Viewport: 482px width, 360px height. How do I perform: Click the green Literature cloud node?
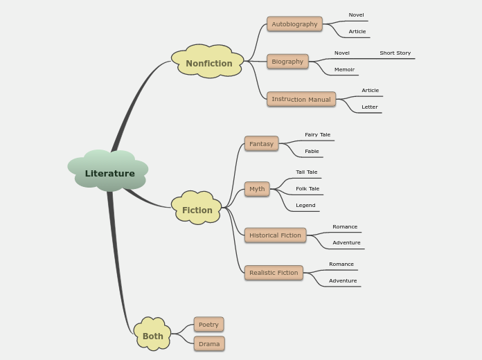(x=109, y=172)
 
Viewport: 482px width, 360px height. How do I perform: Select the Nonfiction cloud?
(x=208, y=63)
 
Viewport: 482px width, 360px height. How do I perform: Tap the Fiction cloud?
(x=197, y=210)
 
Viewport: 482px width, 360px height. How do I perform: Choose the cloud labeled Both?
(x=152, y=336)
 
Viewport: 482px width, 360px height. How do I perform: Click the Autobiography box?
(x=294, y=24)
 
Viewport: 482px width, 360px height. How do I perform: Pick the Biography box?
(x=287, y=62)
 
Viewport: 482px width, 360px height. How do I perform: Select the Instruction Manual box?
(x=301, y=99)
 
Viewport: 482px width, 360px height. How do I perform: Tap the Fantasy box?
(x=261, y=143)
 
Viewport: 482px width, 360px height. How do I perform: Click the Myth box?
(x=257, y=189)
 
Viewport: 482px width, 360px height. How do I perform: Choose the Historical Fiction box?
(x=275, y=235)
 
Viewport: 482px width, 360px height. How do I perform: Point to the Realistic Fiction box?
(x=274, y=273)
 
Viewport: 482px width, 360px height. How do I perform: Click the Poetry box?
(x=208, y=325)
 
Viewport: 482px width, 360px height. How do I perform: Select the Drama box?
(x=209, y=344)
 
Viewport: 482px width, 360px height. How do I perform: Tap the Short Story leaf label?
(x=395, y=53)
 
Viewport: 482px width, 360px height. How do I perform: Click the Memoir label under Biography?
(x=344, y=70)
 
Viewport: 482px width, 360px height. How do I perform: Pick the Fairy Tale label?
(x=317, y=135)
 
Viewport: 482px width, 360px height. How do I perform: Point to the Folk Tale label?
(x=307, y=189)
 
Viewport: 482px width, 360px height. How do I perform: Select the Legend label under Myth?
(x=305, y=206)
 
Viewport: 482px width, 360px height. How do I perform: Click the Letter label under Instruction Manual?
(x=370, y=107)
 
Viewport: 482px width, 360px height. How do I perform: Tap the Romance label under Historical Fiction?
(x=345, y=227)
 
